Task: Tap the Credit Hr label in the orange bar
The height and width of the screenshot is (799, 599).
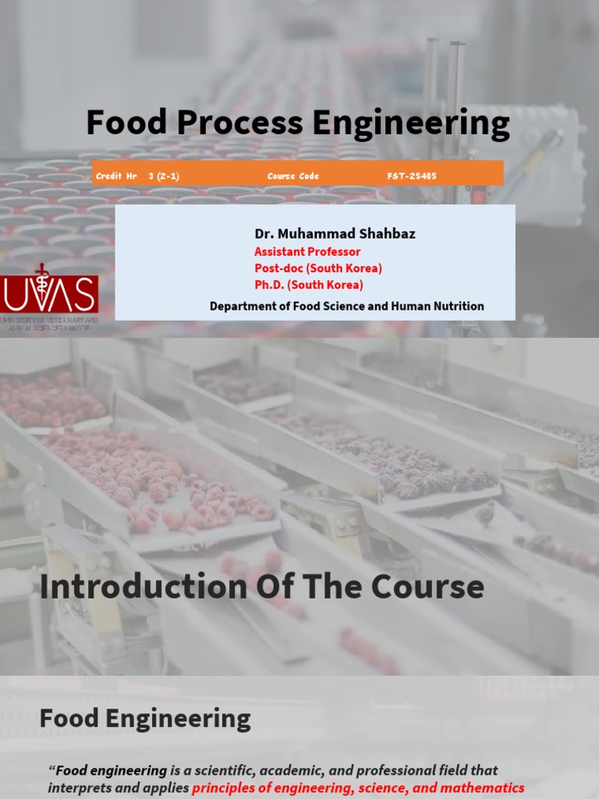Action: (116, 176)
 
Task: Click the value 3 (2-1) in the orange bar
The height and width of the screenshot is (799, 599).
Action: (164, 176)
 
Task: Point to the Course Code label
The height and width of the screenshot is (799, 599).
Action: (293, 176)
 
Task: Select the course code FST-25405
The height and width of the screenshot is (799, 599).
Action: (412, 176)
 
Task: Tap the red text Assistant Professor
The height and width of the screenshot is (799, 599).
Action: (307, 251)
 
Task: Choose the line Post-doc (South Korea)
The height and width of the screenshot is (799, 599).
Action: (318, 268)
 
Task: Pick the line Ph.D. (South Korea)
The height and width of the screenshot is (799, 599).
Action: (309, 285)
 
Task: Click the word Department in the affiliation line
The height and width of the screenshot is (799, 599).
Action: (242, 307)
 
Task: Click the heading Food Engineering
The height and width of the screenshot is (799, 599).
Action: (145, 718)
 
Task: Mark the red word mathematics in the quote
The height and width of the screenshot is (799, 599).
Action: (482, 788)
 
